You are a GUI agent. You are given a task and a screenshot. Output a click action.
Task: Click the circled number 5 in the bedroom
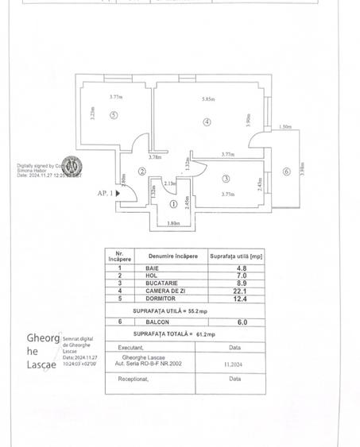114,115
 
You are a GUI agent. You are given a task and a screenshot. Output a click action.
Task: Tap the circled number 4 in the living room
207,122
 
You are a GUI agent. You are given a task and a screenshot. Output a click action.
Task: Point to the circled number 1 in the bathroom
174,203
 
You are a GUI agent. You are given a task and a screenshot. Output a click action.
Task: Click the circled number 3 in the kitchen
226,179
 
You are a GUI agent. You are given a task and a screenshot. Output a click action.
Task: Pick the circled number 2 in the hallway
142,171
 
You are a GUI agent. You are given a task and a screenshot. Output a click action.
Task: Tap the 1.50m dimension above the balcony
285,127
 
